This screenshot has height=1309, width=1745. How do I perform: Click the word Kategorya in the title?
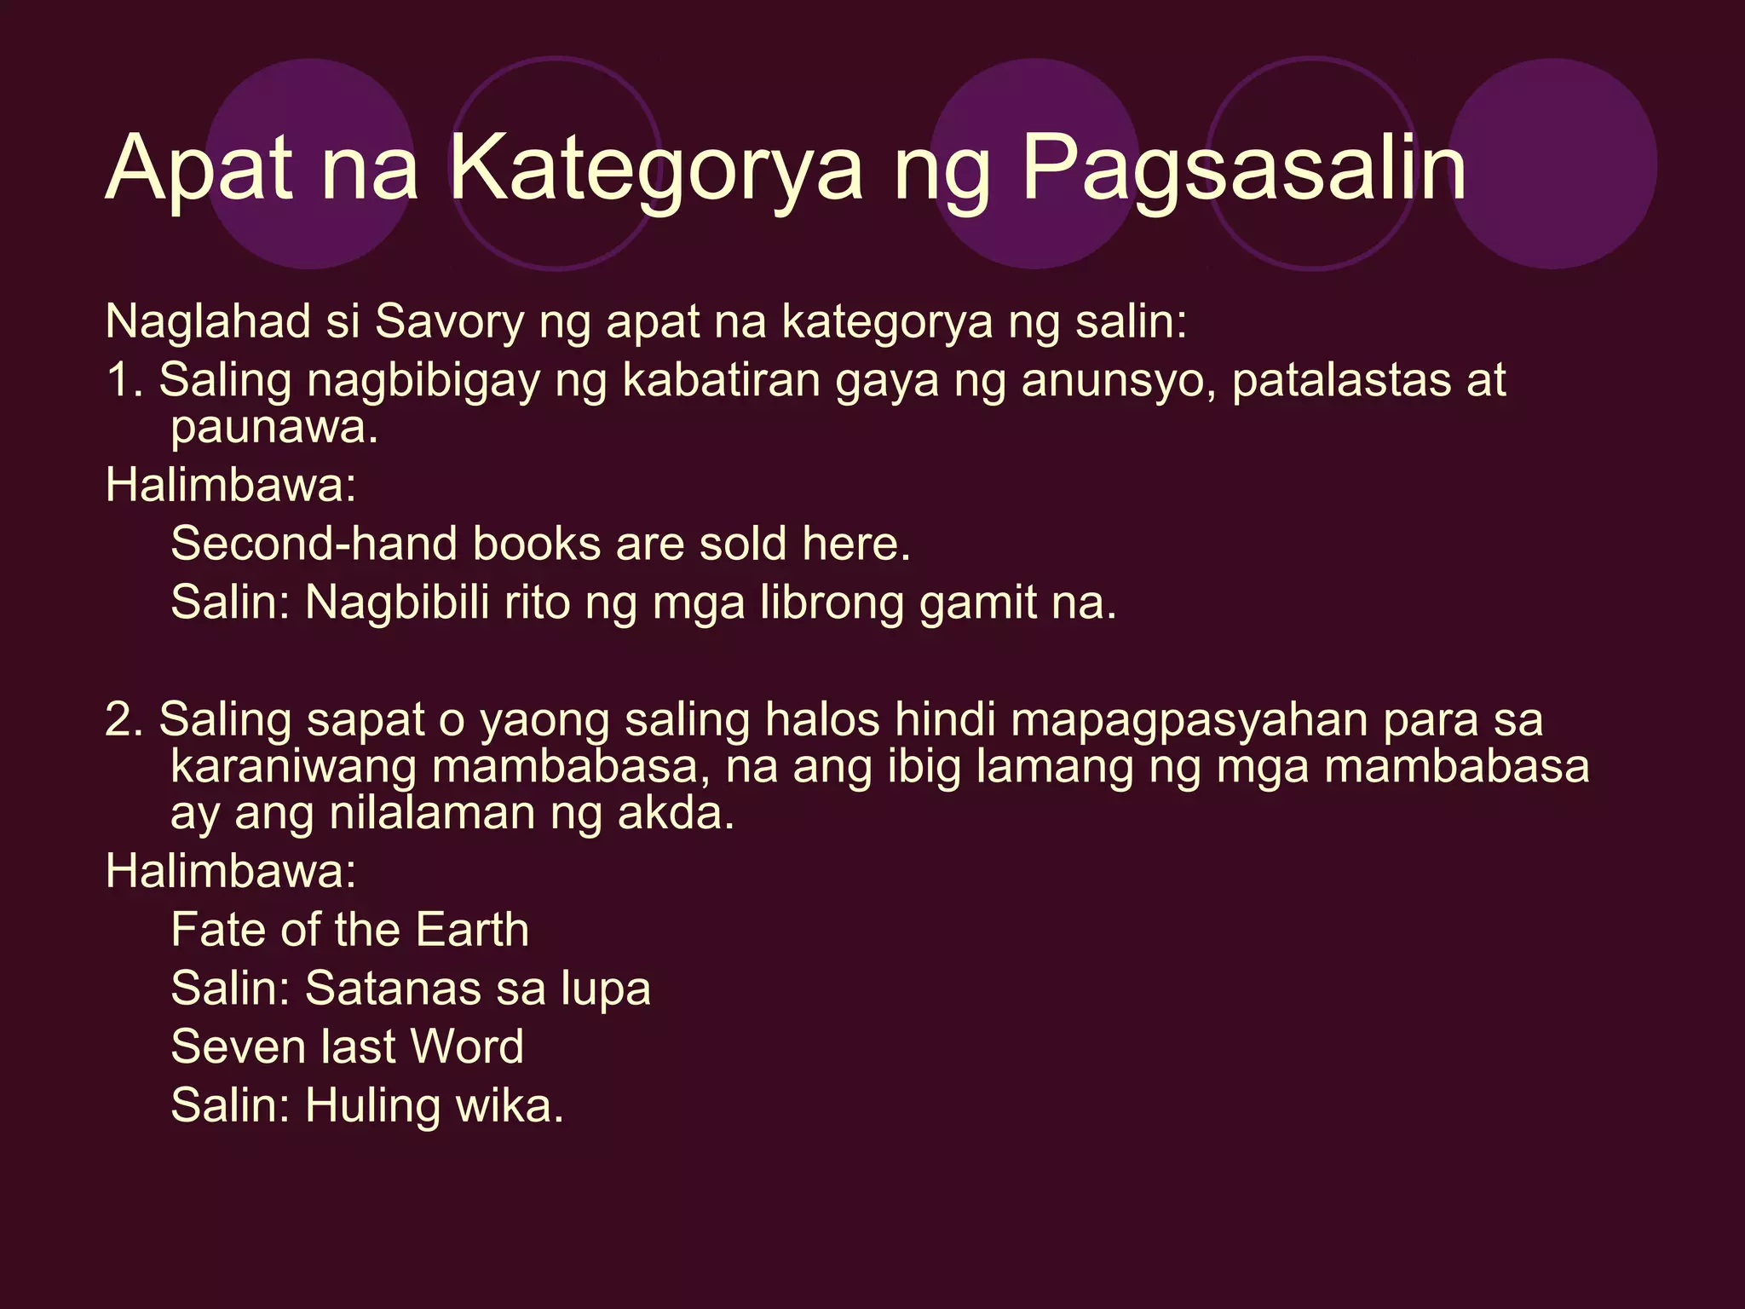click(656, 169)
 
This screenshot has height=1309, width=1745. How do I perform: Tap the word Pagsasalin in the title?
click(1244, 169)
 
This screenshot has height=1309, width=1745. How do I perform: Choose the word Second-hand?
click(314, 544)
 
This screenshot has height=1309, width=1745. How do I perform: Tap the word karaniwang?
click(292, 766)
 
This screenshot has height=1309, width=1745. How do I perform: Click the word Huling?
click(372, 1106)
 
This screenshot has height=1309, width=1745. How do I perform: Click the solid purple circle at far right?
click(1552, 164)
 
